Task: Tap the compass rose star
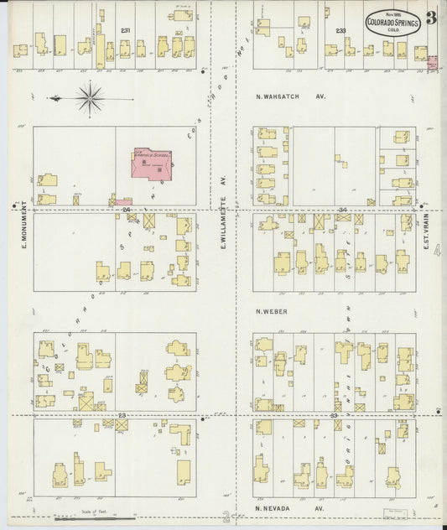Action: (89, 98)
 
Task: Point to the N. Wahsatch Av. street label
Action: (290, 96)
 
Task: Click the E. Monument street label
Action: (26, 226)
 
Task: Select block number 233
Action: (340, 30)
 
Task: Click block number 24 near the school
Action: (127, 208)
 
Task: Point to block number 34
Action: (342, 208)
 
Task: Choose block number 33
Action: (334, 415)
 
